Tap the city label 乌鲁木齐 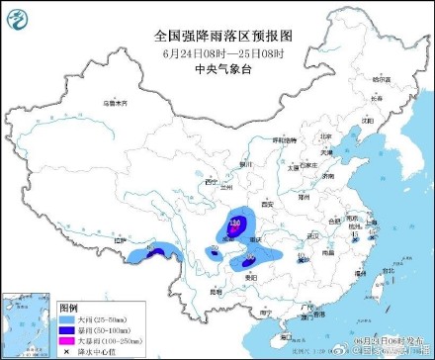[117, 102]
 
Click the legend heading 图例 [67, 307]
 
